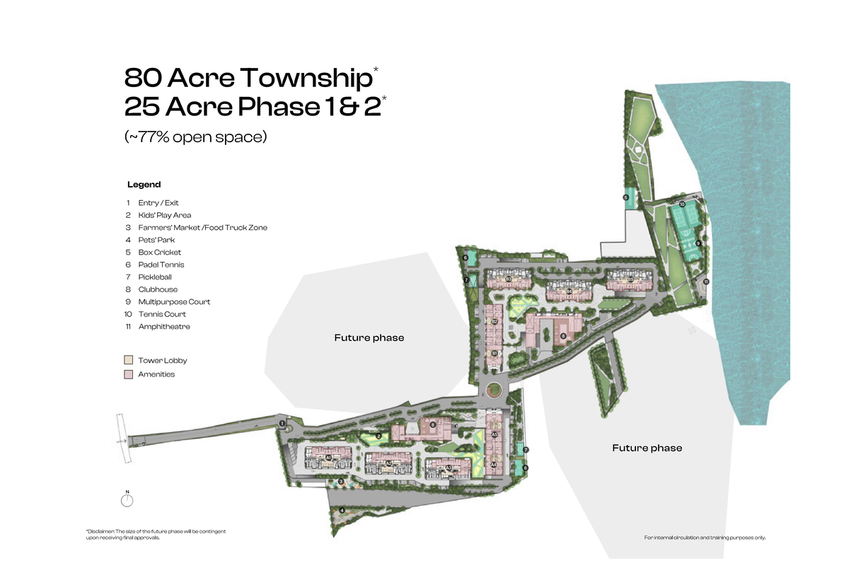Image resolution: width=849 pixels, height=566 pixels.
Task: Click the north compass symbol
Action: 127,500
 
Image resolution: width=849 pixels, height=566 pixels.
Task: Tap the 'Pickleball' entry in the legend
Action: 154,277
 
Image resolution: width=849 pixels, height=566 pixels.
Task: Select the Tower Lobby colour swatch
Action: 128,360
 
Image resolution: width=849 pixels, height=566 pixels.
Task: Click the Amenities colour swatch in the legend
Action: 128,374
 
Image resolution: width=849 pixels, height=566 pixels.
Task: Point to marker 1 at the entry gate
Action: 282,424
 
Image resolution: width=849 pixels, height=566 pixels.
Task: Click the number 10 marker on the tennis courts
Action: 682,204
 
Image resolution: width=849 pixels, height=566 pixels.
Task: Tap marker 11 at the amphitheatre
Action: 705,282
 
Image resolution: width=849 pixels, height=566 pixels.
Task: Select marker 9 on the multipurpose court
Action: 698,243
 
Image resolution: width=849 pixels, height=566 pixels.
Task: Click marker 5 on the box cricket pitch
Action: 626,197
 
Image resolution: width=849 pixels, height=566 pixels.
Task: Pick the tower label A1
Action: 328,458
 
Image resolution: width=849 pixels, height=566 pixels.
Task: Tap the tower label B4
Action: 569,291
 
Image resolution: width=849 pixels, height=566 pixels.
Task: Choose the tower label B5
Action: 630,279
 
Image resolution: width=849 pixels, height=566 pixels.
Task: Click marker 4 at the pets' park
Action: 342,509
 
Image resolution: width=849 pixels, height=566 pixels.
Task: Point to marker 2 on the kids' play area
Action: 379,436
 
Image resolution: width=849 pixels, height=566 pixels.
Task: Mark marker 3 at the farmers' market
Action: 341,482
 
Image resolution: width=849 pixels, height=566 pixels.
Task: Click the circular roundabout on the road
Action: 493,390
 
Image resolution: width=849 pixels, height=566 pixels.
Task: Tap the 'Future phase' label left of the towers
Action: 369,338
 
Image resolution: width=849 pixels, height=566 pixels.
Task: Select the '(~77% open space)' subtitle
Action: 195,137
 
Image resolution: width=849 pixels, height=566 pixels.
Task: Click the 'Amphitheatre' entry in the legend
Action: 163,326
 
